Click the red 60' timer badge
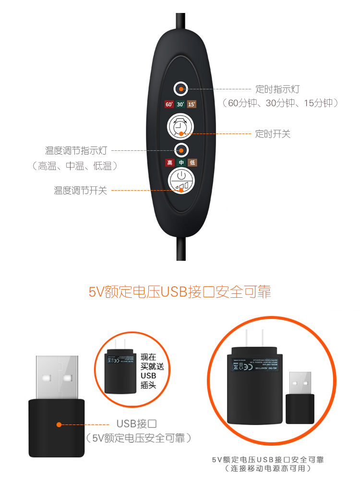click(169, 104)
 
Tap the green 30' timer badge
click(180, 104)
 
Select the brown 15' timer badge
click(192, 104)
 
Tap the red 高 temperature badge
click(169, 163)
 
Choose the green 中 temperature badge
click(180, 163)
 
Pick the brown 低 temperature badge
click(192, 163)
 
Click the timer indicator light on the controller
click(180, 88)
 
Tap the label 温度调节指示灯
click(76, 151)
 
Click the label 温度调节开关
click(80, 191)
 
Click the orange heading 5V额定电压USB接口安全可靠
click(180, 292)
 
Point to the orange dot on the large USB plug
click(59, 425)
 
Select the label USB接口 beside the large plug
click(137, 424)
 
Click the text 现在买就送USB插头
click(149, 371)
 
